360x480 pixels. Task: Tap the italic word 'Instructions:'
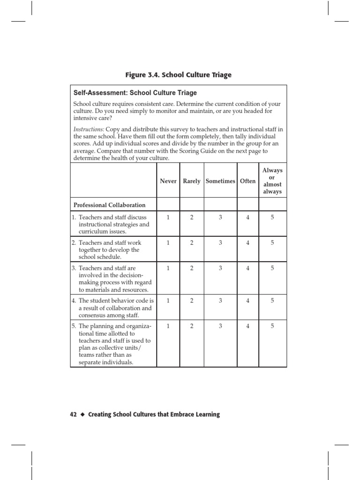pos(89,129)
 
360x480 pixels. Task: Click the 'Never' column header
pos(168,181)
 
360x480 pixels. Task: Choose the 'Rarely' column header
pos(192,181)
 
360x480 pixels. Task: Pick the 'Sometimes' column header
pos(220,181)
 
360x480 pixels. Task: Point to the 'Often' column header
pos(248,181)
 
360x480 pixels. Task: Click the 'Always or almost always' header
pos(272,181)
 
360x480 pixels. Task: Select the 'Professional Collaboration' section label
pos(109,205)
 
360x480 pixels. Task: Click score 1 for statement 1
pos(168,217)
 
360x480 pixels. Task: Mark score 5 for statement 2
pos(272,243)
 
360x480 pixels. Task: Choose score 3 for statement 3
pos(220,268)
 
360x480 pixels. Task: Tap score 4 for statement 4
pos(248,300)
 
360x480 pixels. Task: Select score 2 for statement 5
pos(192,326)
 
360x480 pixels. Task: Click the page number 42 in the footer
pos(73,414)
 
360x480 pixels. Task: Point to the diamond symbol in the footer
pos(82,415)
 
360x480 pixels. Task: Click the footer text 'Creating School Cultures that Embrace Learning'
pos(154,414)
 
